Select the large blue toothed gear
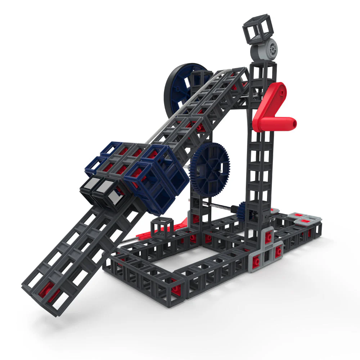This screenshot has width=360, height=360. pos(210,169)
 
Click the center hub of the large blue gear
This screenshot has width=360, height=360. pos(210,169)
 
